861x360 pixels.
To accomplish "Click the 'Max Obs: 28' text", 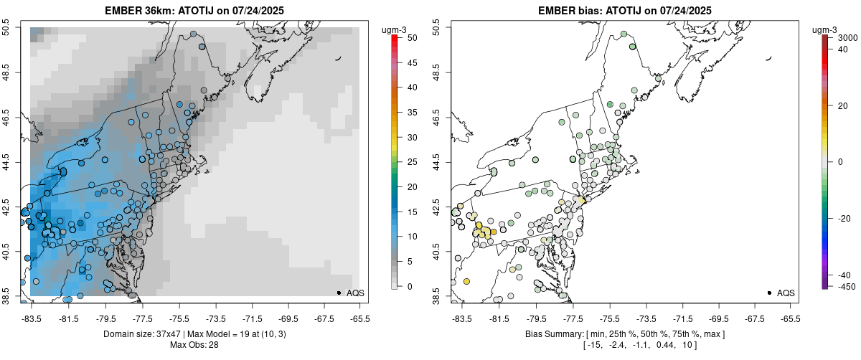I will (x=193, y=345).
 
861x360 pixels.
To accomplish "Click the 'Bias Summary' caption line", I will (x=625, y=334).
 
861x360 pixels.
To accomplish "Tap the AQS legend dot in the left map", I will (x=338, y=293).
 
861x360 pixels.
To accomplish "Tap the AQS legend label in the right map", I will (x=786, y=293).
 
